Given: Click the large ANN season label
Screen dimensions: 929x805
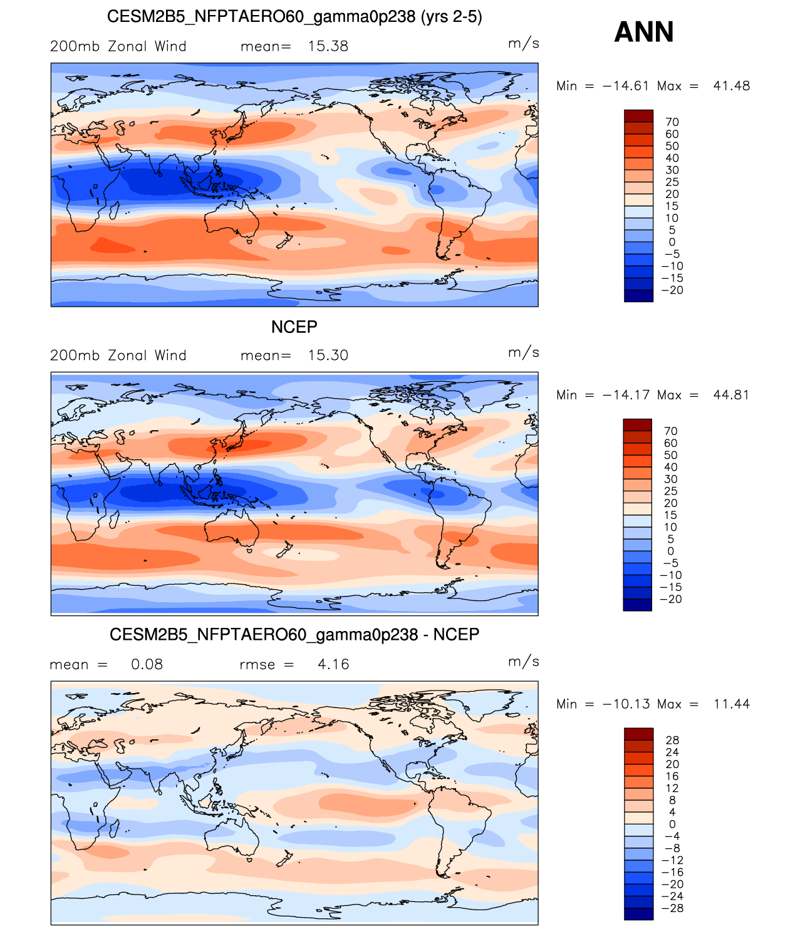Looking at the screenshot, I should tap(643, 32).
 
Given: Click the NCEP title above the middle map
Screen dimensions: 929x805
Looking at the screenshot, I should tap(294, 327).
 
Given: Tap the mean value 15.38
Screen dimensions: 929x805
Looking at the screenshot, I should tap(328, 46).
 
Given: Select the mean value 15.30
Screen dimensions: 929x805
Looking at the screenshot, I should tap(328, 356).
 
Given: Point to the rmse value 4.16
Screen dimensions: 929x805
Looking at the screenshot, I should tap(333, 665).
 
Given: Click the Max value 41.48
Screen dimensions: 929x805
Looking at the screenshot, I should tap(731, 86).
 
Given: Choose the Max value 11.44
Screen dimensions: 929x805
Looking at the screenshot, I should tap(731, 704).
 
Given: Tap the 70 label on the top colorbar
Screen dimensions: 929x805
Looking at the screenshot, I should tap(672, 122).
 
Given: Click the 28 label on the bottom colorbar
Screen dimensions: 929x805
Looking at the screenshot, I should tap(672, 741).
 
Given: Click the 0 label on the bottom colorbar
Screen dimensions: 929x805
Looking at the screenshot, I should tap(672, 824).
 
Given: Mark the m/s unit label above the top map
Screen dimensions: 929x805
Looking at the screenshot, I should tap(523, 43).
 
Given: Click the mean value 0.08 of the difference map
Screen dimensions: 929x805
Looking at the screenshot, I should tap(147, 665).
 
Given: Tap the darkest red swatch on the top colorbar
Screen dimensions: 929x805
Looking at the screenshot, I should tap(638, 116).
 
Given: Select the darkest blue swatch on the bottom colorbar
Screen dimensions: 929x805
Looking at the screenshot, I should tap(638, 914).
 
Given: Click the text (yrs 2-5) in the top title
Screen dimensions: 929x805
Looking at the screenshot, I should tap(451, 17).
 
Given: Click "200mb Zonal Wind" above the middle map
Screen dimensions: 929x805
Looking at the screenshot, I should tap(118, 356).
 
